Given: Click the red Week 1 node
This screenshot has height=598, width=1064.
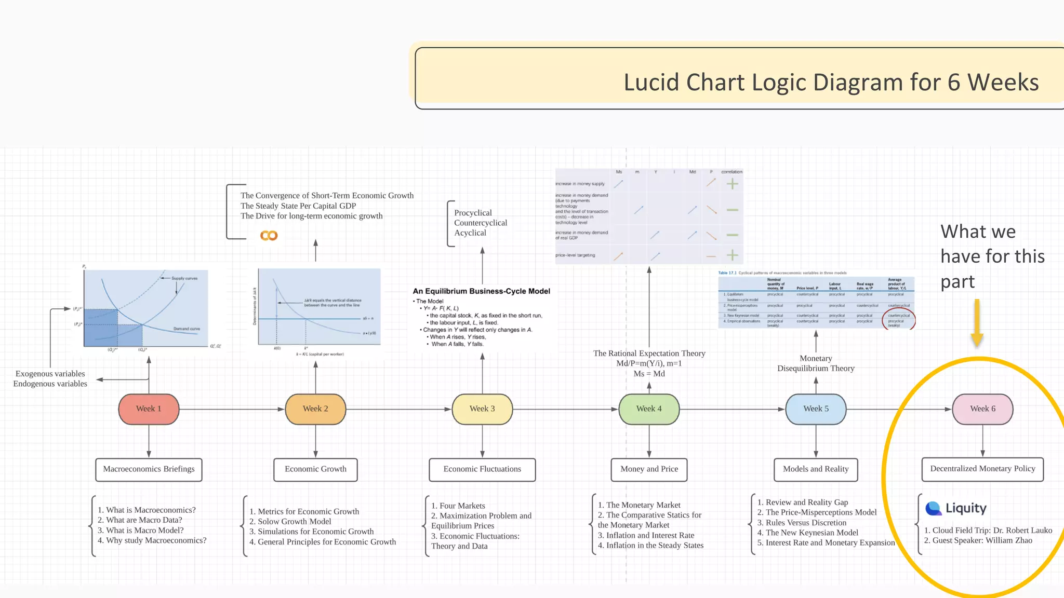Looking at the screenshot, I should [x=149, y=409].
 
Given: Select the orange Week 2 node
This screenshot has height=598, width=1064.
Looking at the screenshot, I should [x=315, y=409].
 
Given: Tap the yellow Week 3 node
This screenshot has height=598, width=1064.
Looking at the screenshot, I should [x=482, y=409].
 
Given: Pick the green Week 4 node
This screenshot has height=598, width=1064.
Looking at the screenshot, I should [x=649, y=409].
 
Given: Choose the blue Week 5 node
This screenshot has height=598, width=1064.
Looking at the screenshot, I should [x=816, y=409].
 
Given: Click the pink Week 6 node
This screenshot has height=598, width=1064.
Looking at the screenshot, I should [x=982, y=409].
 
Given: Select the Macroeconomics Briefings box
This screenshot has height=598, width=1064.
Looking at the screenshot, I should [x=149, y=469].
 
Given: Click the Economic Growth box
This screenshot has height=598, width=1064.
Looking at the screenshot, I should [x=315, y=469].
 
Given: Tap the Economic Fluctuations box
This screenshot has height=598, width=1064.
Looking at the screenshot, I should [x=482, y=469].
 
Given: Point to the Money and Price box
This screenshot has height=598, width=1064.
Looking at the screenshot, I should [x=649, y=469].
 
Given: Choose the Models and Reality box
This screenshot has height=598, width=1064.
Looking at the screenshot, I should [x=816, y=469].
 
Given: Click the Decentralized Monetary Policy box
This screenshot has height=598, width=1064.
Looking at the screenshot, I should [x=982, y=469].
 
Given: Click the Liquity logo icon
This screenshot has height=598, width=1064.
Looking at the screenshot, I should [x=934, y=508].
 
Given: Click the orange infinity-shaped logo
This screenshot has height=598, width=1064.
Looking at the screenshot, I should [x=269, y=236].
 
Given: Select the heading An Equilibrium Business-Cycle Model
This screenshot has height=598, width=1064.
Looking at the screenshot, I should [x=481, y=291].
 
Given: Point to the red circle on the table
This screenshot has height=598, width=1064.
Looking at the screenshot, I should [x=899, y=319].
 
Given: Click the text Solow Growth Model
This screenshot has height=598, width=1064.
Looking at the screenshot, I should [x=294, y=522].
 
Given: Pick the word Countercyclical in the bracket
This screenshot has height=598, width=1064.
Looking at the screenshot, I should [x=481, y=223].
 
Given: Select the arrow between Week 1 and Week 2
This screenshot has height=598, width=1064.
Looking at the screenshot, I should [x=232, y=409].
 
